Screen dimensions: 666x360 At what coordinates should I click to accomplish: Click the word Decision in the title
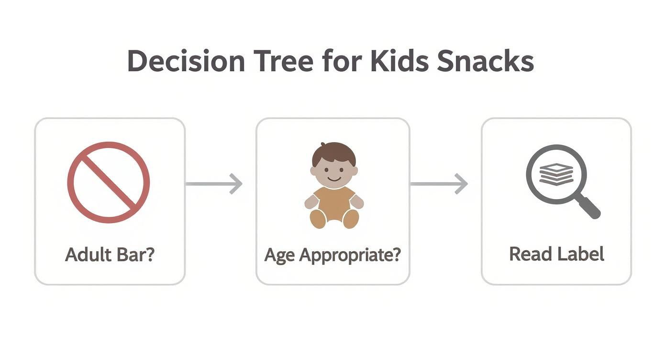186,61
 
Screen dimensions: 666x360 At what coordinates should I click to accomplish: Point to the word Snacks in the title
486,61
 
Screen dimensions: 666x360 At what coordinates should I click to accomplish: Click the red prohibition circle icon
109,182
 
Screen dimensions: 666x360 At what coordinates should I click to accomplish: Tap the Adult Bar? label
110,255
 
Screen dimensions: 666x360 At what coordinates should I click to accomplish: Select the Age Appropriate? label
333,256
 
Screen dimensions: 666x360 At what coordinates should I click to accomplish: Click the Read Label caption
556,254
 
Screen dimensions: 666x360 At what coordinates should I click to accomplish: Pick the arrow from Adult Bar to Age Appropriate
214,184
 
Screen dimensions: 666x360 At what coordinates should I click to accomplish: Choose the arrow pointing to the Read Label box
439,184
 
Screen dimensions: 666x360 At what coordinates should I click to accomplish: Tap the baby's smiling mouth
334,179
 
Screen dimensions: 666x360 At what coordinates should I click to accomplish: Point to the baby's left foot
351,219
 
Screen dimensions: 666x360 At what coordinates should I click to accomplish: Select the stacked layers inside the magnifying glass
556,174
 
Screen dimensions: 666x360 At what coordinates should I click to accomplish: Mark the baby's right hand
311,202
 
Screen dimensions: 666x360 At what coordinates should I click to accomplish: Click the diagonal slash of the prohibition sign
109,182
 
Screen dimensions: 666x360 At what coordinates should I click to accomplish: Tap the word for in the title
342,61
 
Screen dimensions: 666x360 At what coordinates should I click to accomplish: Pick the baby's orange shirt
334,202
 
